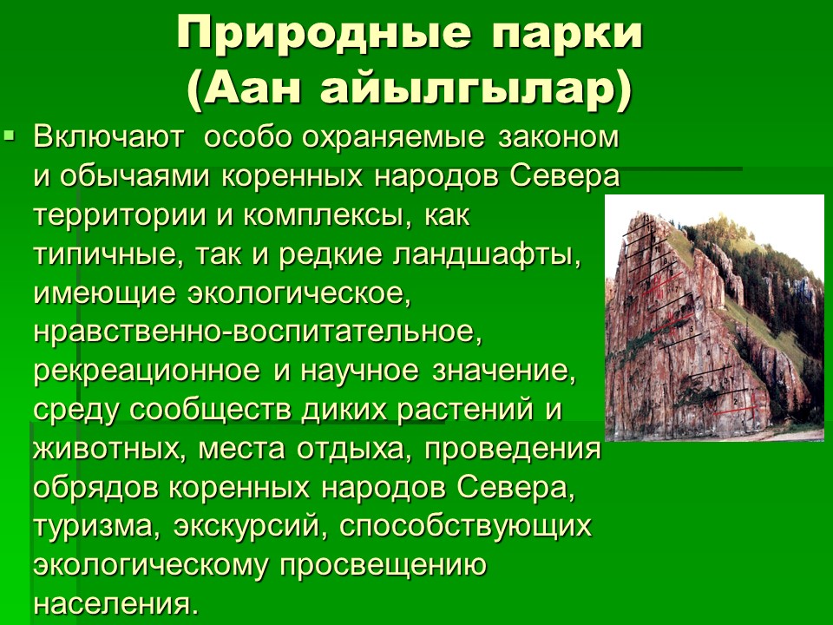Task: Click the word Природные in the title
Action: [324, 34]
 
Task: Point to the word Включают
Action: [108, 137]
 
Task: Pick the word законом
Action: [558, 138]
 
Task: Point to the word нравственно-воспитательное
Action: [258, 333]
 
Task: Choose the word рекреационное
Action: [147, 372]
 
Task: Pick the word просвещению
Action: [383, 566]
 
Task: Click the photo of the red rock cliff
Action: [714, 318]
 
